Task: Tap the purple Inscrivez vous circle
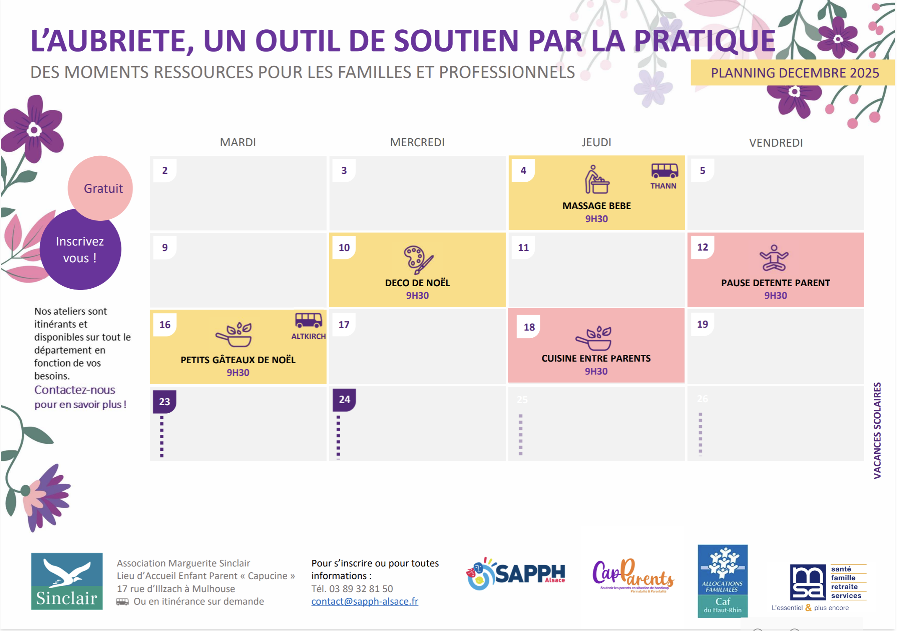point(80,250)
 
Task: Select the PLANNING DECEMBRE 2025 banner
point(794,73)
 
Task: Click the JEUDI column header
point(596,142)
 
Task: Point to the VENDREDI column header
point(776,143)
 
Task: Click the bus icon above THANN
point(664,171)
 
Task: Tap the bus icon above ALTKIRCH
point(308,321)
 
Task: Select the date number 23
point(164,401)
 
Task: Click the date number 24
point(344,399)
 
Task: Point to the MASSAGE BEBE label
point(596,206)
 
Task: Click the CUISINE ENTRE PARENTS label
point(596,359)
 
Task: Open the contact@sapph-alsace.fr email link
point(364,602)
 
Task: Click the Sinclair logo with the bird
point(67,581)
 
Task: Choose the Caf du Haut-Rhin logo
point(722,581)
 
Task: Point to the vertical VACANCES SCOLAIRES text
point(877,430)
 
